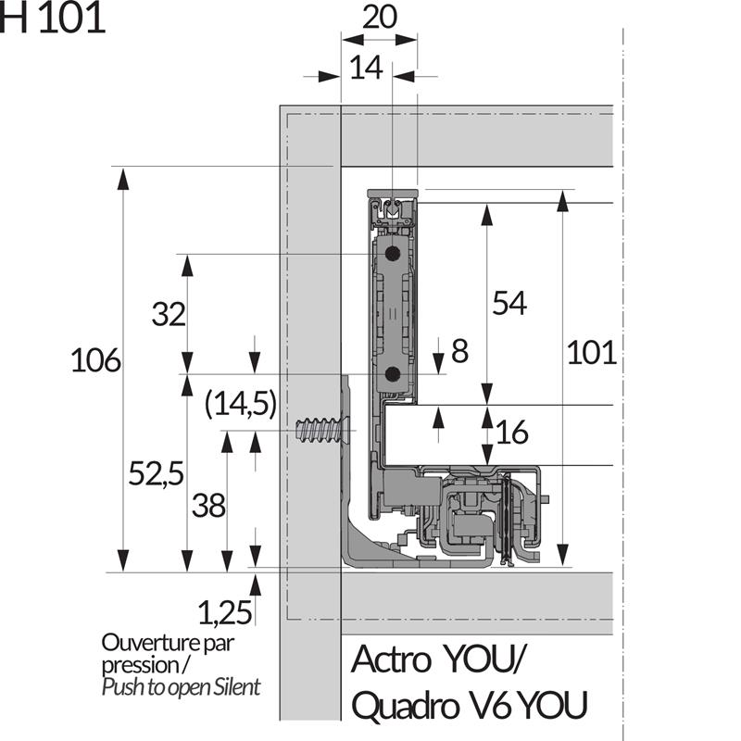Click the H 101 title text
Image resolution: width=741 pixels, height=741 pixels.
click(x=53, y=18)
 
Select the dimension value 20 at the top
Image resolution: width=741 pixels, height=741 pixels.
click(x=378, y=20)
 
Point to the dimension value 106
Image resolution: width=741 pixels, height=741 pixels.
click(x=95, y=360)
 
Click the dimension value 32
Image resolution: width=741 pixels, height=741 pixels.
click(x=169, y=315)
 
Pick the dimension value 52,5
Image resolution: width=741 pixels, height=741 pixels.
click(x=155, y=474)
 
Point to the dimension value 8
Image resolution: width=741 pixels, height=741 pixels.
click(x=460, y=351)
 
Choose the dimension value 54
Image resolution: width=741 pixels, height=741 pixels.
click(x=509, y=303)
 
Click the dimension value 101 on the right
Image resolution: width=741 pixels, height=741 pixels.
click(x=591, y=353)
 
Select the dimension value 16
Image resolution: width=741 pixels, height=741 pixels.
click(x=511, y=433)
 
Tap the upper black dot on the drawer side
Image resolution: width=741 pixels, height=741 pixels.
click(x=393, y=253)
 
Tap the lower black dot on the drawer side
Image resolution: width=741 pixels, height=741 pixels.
click(x=392, y=374)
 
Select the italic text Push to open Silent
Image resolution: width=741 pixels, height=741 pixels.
click(x=181, y=687)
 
